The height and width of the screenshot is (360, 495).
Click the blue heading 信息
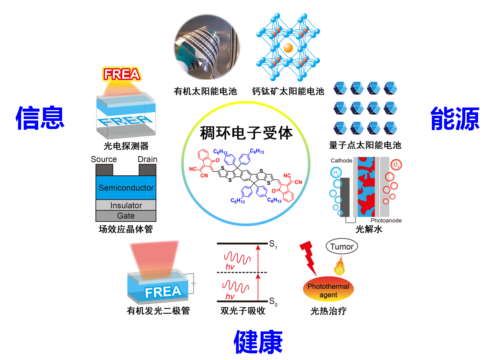click(40, 118)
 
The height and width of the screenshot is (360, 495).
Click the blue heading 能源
click(455, 119)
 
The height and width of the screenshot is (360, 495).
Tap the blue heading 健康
click(258, 342)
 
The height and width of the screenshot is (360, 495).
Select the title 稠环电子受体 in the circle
click(246, 133)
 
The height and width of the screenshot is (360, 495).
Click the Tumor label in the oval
click(341, 247)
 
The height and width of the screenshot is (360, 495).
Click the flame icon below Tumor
click(339, 266)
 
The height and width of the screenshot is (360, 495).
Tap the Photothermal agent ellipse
click(328, 290)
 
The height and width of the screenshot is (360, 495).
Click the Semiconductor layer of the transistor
click(126, 188)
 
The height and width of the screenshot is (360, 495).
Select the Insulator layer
click(126, 205)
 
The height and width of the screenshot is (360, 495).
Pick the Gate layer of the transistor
click(126, 216)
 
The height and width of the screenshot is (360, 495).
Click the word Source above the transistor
click(104, 159)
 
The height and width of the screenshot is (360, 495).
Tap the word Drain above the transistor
click(148, 159)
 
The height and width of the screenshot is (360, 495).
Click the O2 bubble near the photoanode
click(396, 165)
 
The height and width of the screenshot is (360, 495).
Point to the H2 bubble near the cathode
click(336, 172)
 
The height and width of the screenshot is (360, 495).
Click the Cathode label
click(341, 161)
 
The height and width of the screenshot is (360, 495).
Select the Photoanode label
click(386, 221)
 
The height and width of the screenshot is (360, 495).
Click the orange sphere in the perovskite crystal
click(288, 48)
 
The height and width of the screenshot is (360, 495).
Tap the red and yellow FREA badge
click(122, 74)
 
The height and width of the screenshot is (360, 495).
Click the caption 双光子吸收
click(243, 311)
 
